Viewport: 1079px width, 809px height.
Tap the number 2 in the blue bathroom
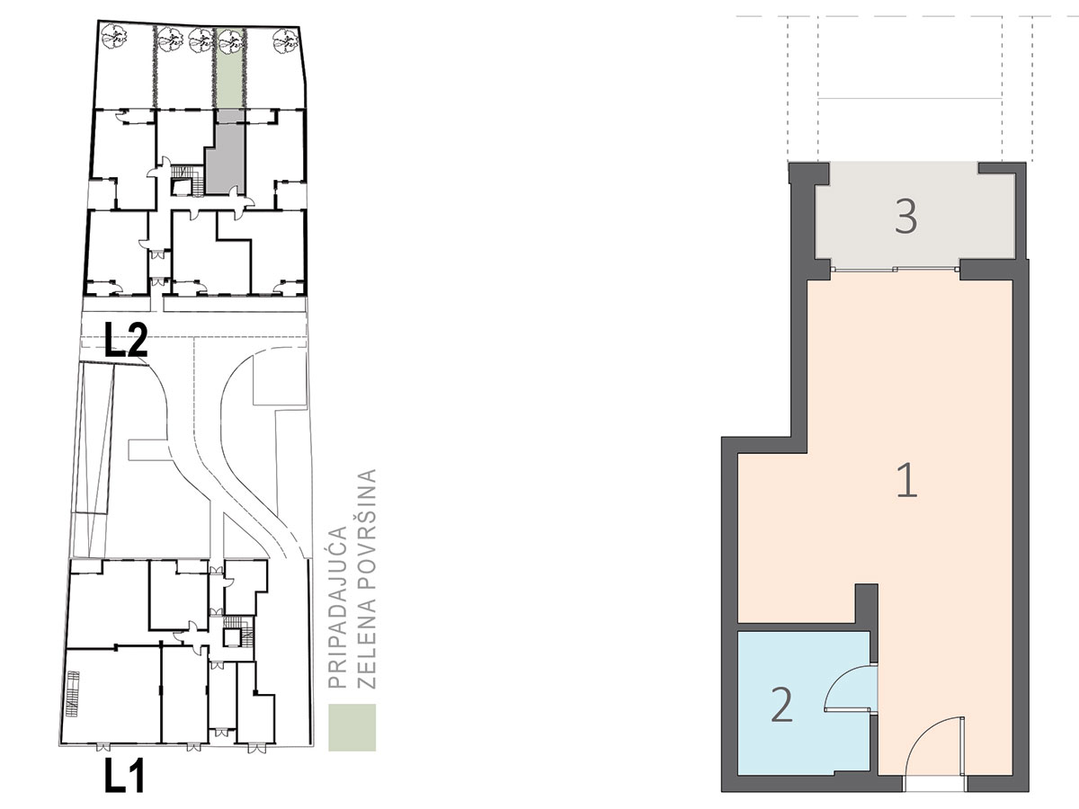(x=781, y=704)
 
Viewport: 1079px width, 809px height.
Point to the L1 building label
(x=125, y=775)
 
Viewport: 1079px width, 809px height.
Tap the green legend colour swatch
(x=352, y=727)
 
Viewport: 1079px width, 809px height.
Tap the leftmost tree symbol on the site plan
(x=113, y=36)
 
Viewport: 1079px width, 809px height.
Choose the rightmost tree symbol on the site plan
(x=286, y=40)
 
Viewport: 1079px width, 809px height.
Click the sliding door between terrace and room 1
(x=895, y=269)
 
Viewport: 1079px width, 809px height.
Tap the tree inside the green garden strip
(x=230, y=40)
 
